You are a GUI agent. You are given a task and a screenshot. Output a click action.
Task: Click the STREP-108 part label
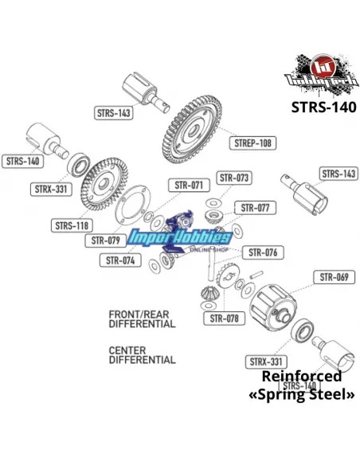tap(252, 143)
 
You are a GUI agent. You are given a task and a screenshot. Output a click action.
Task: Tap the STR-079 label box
tap(105, 240)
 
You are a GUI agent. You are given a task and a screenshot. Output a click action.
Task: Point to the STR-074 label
tap(119, 260)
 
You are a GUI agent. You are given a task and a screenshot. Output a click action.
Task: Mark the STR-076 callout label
tap(262, 252)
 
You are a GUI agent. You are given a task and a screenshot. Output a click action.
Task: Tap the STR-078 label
tap(225, 319)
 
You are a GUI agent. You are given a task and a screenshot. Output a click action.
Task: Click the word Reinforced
tap(301, 377)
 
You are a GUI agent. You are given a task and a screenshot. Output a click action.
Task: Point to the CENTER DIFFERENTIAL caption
tap(142, 355)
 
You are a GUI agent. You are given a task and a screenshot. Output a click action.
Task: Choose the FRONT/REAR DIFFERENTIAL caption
tap(142, 320)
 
